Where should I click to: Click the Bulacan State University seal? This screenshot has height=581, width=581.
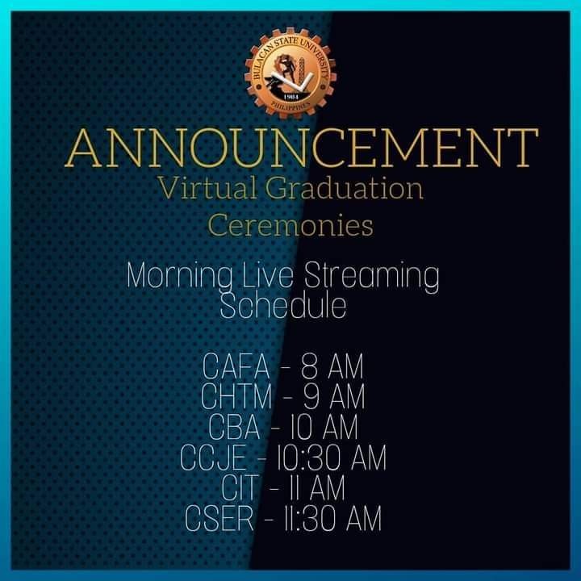(290, 73)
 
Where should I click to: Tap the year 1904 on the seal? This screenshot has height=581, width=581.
(290, 97)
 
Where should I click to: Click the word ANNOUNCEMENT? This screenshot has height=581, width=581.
(302, 148)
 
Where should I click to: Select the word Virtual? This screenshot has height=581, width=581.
(207, 188)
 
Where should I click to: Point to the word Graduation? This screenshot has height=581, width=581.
(345, 188)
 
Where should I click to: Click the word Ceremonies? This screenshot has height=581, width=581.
(290, 225)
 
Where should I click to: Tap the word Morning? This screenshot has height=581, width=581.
(179, 277)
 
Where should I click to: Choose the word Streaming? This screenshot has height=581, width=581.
(372, 277)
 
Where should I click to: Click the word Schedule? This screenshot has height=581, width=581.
(283, 306)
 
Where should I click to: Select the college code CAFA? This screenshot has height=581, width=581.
(236, 366)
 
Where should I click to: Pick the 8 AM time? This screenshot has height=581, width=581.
(332, 366)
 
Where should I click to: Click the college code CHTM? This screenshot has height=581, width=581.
(236, 396)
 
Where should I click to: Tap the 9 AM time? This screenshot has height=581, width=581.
(334, 396)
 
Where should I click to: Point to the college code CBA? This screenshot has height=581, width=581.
(234, 427)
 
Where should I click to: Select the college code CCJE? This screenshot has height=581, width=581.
(213, 458)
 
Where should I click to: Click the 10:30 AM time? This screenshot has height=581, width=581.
(332, 458)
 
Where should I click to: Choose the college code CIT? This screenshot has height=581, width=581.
(240, 487)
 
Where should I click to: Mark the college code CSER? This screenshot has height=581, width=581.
(219, 518)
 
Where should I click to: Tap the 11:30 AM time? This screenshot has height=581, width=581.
(332, 518)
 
